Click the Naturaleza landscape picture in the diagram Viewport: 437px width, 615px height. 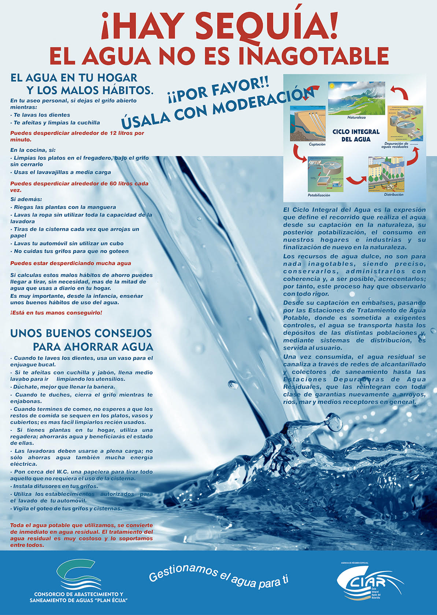point(356,98)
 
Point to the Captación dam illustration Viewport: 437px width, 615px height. point(308,124)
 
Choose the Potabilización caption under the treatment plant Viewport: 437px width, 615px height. point(319,195)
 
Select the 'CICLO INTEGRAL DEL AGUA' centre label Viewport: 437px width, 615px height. point(356,135)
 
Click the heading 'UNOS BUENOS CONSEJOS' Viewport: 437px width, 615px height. point(81,333)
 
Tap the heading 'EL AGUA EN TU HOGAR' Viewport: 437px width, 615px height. point(74,78)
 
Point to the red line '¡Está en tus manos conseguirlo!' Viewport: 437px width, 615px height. point(56,313)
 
